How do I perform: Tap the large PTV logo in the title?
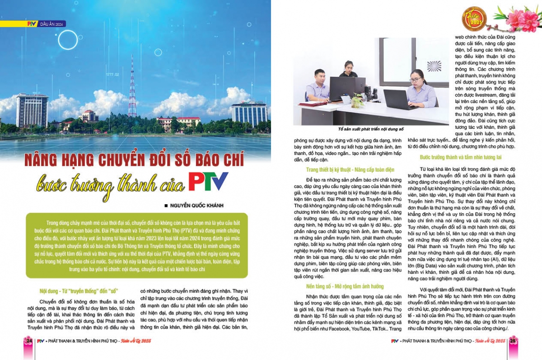click(x=208, y=181)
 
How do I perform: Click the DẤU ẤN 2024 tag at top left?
click(x=52, y=23)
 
